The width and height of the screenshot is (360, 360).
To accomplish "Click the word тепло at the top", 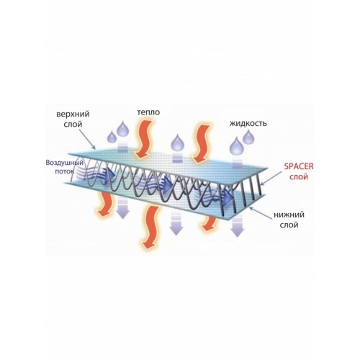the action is click(148, 112).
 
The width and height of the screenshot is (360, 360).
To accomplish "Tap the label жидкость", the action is click(248, 123).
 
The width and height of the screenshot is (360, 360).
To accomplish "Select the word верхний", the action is click(73, 114).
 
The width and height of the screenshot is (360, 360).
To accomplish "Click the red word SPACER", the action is click(299, 166).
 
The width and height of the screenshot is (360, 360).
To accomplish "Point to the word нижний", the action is click(289, 215).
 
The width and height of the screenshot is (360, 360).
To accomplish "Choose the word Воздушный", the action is click(65, 163).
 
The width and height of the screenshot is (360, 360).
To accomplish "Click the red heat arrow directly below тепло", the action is click(143, 139).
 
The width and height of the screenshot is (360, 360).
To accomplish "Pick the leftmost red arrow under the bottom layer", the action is click(105, 204).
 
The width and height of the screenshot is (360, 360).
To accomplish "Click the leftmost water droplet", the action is click(112, 137).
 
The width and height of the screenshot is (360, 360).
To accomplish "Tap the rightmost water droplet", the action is click(248, 138).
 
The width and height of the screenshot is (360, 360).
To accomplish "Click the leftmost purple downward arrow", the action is click(122, 209).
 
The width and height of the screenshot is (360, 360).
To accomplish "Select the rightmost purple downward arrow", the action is click(238, 226).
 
